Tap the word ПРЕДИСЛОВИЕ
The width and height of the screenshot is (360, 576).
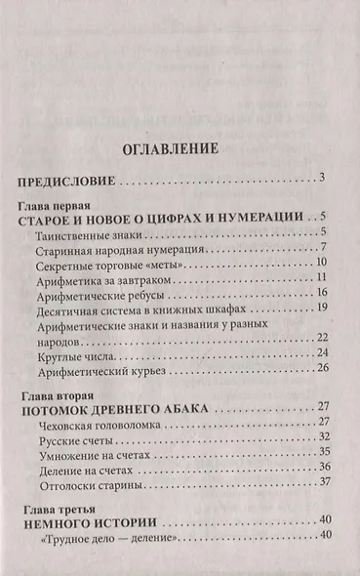[68, 181]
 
